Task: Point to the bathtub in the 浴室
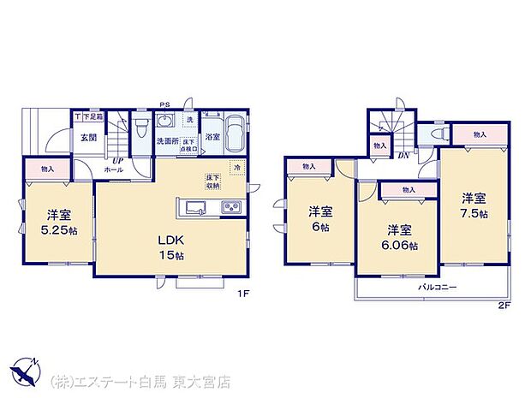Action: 235,135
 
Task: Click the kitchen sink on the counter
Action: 194,208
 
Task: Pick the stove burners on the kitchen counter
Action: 232,207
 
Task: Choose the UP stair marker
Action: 114,160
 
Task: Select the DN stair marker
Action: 403,156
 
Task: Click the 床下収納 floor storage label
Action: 212,181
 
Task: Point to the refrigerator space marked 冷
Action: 236,169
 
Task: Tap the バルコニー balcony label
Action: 437,288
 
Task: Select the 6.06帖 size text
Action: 402,246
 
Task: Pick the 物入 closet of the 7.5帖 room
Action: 479,134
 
